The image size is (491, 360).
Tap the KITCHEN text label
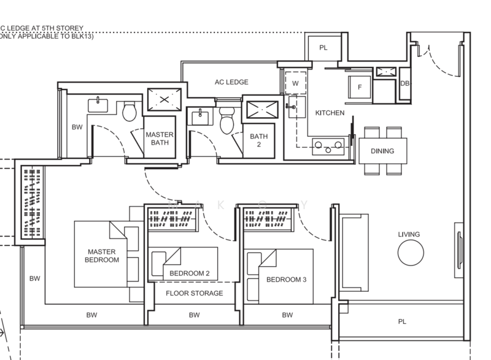point(330,113)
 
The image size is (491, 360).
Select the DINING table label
point(382,151)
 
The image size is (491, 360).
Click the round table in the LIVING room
point(410,252)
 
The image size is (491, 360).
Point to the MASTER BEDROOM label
point(102,256)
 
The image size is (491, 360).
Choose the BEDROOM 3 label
point(286,280)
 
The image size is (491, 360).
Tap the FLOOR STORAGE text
point(195,293)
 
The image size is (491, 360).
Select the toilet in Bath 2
point(226,119)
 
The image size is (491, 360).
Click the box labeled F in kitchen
point(360,88)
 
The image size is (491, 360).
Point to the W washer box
point(295,83)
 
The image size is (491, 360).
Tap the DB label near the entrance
point(404,83)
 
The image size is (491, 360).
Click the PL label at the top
point(323,47)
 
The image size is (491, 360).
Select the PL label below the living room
point(402,321)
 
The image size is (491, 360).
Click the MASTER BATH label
point(160,139)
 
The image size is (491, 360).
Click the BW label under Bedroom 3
point(287,315)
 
